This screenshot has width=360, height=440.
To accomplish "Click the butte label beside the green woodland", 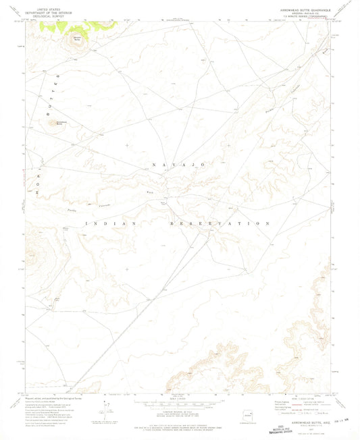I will (76, 38).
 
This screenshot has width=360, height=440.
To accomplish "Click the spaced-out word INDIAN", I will (111, 223).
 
